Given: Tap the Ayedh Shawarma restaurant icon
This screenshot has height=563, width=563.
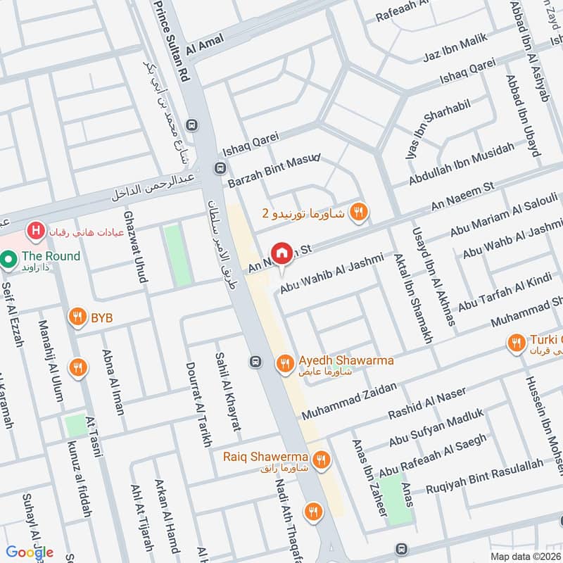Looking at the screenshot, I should point(284,362).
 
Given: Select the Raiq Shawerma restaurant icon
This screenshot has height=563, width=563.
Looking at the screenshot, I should point(322,460).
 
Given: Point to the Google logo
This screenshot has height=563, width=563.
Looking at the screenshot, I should point(30,552).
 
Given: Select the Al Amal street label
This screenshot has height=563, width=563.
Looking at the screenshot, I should point(205,43).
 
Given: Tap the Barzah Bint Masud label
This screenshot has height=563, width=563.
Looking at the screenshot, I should point(274,170).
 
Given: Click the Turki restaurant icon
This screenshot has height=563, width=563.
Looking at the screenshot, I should point(516,343).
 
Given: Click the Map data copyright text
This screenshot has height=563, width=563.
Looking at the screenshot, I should point(525,556).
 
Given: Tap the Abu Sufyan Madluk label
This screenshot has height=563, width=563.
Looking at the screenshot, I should point(436,429).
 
